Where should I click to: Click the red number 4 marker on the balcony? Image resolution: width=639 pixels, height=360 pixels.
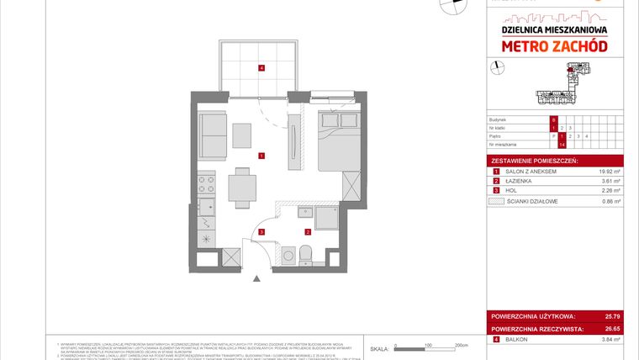click(262, 68)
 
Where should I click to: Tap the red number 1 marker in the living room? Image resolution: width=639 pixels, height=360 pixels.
click(262, 156)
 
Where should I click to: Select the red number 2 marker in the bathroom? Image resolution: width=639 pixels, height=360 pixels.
click(309, 231)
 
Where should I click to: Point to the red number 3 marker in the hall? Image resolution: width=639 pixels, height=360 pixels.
click(262, 232)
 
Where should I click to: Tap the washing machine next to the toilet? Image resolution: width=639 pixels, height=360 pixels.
click(288, 252)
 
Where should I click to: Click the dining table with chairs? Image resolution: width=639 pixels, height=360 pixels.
click(243, 185)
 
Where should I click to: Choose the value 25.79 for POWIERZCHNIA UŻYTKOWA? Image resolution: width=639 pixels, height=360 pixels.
click(611, 316)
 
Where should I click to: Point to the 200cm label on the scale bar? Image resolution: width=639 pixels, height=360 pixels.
click(460, 345)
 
